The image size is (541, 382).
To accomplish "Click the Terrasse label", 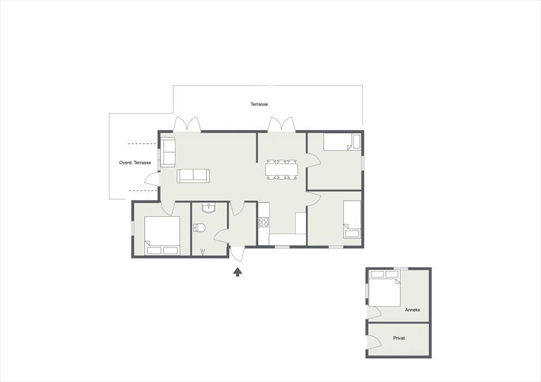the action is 259,104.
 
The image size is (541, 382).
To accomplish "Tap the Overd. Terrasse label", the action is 135,163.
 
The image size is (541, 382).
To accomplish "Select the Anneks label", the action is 412,310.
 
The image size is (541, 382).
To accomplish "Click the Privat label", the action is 399,338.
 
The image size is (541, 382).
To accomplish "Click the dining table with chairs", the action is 282,170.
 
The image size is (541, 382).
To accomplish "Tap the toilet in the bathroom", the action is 199,227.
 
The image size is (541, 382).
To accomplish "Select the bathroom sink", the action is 209,208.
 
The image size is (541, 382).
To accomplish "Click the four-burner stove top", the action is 264,222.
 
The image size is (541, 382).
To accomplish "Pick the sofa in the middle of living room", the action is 193,176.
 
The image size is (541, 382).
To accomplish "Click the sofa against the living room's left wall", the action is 167,152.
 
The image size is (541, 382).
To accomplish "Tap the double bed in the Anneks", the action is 385,288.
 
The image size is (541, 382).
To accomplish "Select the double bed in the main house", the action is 162,236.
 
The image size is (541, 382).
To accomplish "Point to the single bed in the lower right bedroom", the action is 352,219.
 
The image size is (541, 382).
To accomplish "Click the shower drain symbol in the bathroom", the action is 202,251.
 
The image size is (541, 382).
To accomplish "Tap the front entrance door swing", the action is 237,254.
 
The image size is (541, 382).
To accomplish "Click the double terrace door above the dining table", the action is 282,124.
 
